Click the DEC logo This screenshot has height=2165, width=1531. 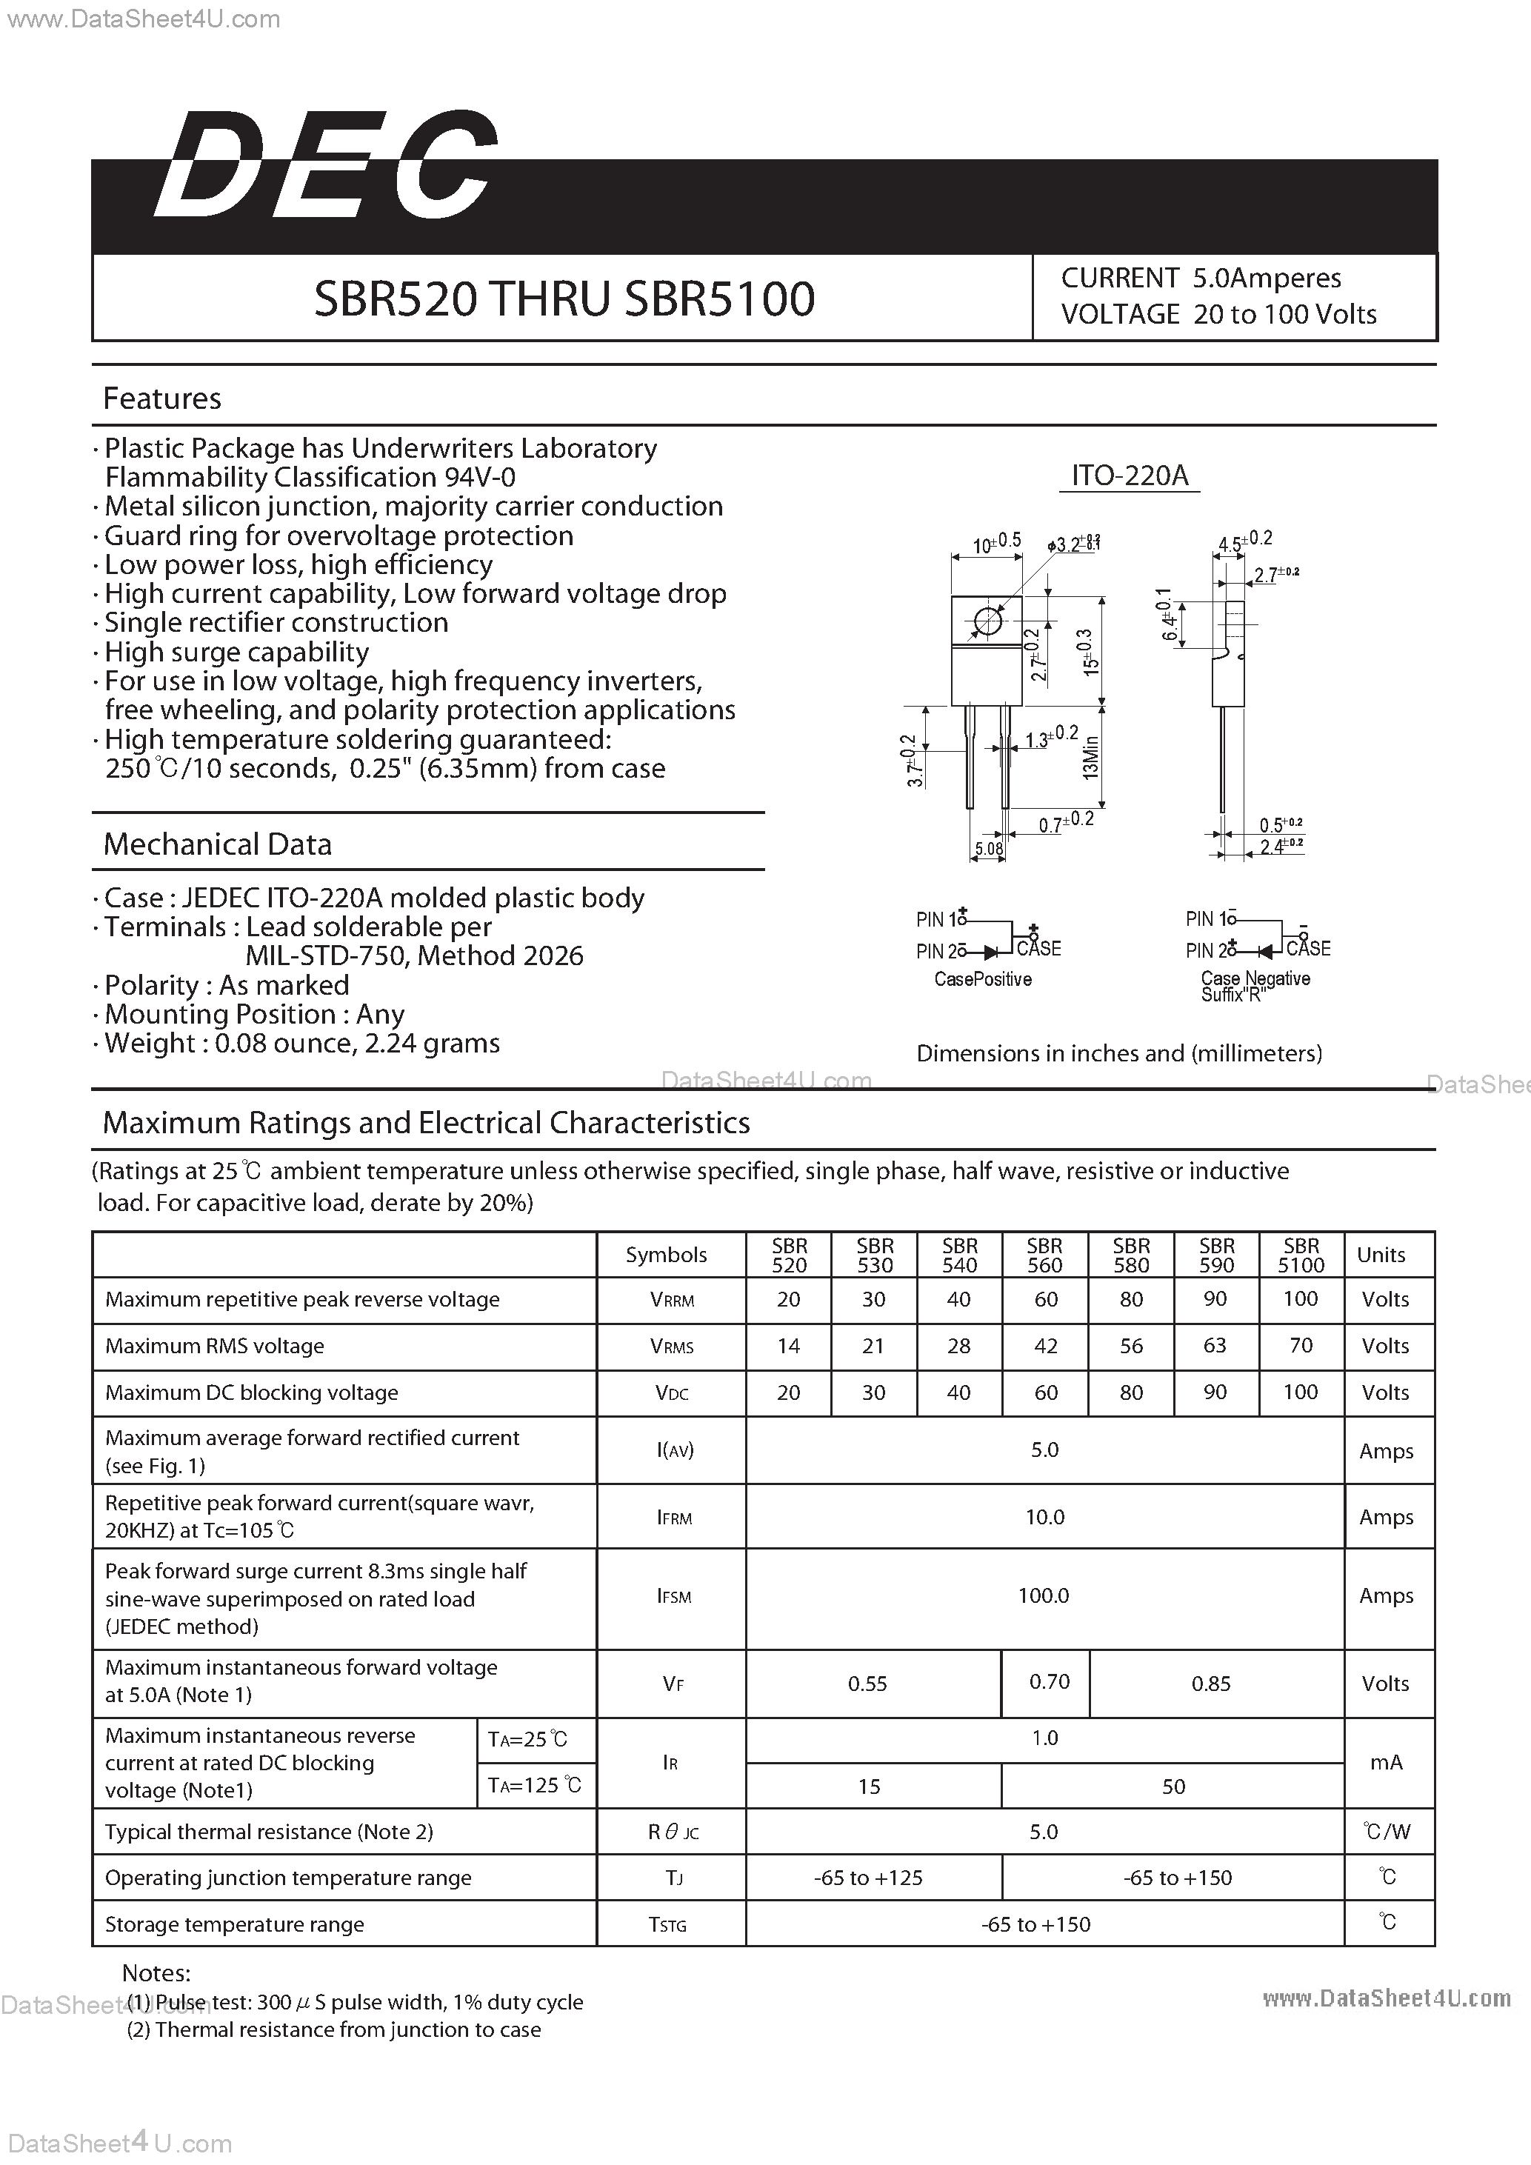point(325,165)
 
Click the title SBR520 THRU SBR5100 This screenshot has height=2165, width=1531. point(564,299)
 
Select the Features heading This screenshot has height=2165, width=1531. point(162,399)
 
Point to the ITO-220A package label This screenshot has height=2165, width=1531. point(1130,476)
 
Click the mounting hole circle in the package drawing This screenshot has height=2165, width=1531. point(987,621)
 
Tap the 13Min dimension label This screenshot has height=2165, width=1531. point(1091,756)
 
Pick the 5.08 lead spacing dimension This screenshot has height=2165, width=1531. point(989,849)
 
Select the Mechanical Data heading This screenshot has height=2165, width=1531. point(218,845)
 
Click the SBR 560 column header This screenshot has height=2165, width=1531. point(1044,1255)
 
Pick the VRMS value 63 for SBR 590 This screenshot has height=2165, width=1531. point(1215,1346)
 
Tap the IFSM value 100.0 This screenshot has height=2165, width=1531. point(1044,1595)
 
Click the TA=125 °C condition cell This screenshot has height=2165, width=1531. point(535,1785)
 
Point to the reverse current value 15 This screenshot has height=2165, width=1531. point(870,1787)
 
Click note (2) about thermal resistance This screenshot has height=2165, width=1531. point(335,2029)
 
